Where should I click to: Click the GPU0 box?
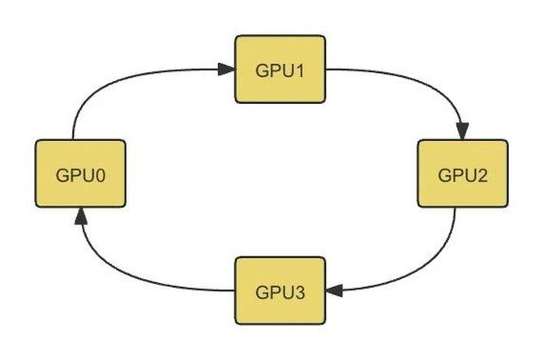(81, 173)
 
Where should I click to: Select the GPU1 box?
(280, 69)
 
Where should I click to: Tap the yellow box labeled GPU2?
(463, 173)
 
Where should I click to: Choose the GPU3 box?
(280, 289)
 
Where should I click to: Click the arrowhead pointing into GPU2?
(464, 131)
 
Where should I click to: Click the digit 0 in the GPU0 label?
(101, 174)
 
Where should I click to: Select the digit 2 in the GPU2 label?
(483, 174)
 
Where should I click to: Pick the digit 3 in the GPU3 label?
(300, 290)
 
